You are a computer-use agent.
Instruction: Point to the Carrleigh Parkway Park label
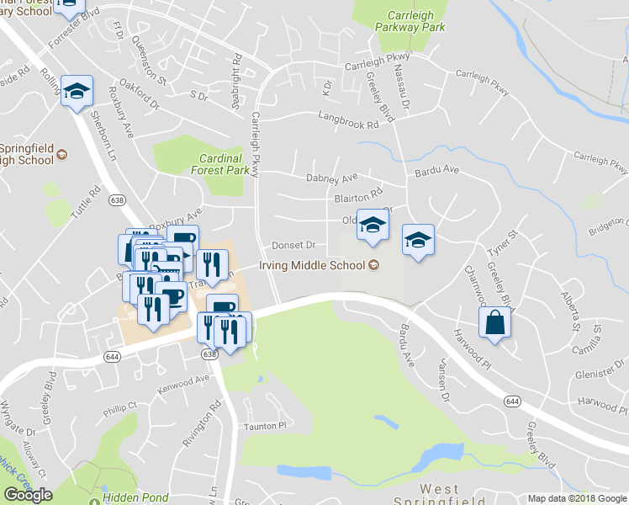415,21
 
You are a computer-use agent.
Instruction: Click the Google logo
28,495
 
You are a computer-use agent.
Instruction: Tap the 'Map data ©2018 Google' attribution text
577,498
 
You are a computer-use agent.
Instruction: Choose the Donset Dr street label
293,246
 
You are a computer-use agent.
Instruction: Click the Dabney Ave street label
332,178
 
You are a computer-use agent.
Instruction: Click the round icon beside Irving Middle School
374,266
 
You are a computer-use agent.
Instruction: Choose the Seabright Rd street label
236,84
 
